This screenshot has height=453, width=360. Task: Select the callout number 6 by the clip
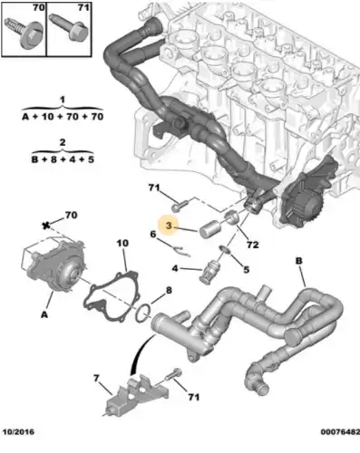pos(153,235)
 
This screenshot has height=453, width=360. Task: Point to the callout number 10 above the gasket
pos(122,245)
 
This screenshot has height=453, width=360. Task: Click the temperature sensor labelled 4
pos(213,269)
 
